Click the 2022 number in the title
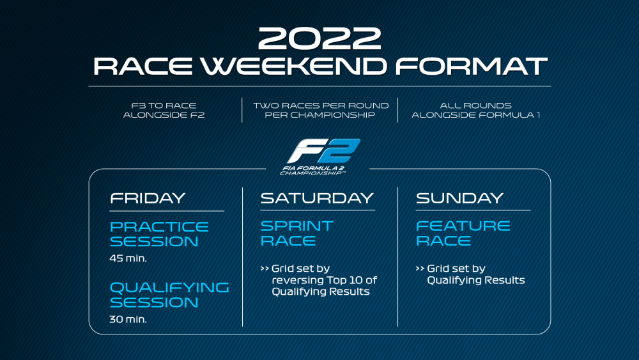coord(319,38)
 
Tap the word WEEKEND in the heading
coord(294,67)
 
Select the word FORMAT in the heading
coord(471,67)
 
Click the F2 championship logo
coord(320,157)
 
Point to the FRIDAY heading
coord(148,198)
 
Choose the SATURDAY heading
coord(317,198)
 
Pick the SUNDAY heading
coord(459,198)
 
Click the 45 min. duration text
coord(128,258)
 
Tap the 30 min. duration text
coord(128,319)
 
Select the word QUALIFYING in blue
coord(169,288)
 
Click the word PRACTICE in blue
coord(159,227)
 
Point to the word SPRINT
coord(296,226)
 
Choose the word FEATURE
coord(463,226)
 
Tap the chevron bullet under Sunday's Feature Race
coord(420,269)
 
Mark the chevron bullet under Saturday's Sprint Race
coord(265,269)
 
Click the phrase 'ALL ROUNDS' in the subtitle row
coord(475,106)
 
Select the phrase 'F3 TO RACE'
coord(164,106)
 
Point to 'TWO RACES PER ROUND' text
coord(321,106)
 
